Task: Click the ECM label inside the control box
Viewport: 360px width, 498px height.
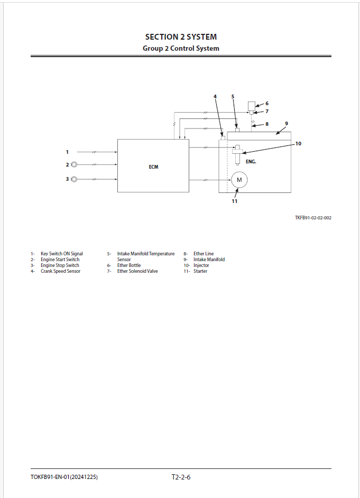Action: click(x=153, y=167)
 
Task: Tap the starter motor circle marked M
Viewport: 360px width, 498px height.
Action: click(x=239, y=180)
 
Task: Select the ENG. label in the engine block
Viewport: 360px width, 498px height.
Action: click(x=251, y=162)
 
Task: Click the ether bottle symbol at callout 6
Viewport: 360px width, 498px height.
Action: click(x=252, y=106)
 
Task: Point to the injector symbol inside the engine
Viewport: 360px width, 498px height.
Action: click(x=237, y=154)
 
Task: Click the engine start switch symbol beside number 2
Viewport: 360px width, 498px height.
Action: click(x=74, y=164)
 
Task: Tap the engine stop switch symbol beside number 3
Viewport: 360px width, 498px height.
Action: click(x=74, y=179)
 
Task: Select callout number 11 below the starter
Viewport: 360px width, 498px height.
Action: click(x=234, y=201)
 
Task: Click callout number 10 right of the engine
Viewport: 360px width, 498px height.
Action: click(x=298, y=144)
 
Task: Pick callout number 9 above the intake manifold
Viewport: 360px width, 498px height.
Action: click(x=287, y=124)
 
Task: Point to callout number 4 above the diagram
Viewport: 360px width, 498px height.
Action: click(x=215, y=97)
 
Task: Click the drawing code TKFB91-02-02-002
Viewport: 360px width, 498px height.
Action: click(x=313, y=218)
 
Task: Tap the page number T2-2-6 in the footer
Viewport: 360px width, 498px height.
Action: click(x=181, y=477)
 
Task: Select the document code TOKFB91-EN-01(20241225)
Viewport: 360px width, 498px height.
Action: click(x=64, y=477)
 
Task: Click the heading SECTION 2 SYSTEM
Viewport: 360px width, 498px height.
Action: click(x=181, y=37)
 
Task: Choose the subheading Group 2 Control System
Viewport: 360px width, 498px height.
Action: click(x=181, y=48)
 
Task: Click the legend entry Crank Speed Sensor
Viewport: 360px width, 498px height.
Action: click(x=60, y=271)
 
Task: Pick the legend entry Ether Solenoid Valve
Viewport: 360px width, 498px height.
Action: click(x=137, y=271)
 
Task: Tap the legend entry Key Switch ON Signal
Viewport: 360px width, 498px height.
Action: click(x=62, y=253)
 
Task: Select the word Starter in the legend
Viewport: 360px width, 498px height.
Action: click(x=200, y=271)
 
